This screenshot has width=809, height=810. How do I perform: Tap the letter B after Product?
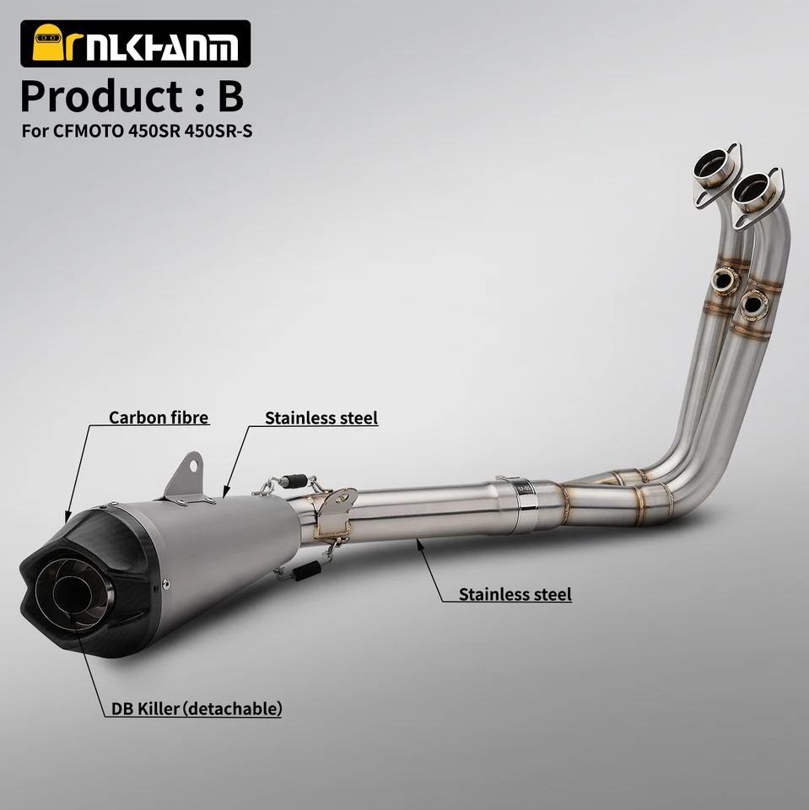pos(230,96)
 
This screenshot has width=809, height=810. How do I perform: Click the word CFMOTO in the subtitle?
pos(88,132)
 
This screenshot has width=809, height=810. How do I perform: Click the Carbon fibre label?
pos(159,418)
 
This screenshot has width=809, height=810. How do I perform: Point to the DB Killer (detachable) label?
pos(197,708)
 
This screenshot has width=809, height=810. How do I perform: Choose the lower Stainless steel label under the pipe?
pos(515,594)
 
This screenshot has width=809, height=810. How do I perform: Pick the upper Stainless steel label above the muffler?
pos(321,418)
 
